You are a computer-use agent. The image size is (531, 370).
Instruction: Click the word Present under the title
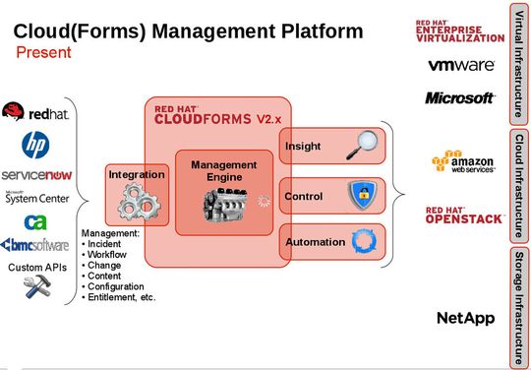(42, 52)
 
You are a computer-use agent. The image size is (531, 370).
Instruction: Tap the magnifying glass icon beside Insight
(364, 146)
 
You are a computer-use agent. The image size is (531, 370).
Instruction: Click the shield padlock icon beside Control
(364, 195)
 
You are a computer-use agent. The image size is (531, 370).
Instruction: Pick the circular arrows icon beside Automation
(364, 241)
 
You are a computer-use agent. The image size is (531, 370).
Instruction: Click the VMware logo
(460, 65)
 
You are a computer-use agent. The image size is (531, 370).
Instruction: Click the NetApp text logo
(465, 317)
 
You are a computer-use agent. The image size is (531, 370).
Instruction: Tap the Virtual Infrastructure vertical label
(518, 63)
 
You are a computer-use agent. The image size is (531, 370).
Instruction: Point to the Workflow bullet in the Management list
(108, 256)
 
